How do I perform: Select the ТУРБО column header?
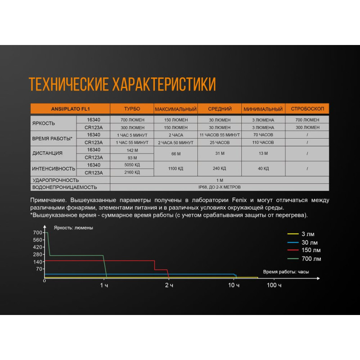tap(132, 109)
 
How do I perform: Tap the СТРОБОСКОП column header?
tap(307, 109)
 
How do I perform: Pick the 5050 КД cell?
tap(132, 165)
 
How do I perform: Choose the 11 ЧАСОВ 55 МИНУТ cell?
tap(220, 135)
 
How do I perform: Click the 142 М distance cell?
tap(132, 150)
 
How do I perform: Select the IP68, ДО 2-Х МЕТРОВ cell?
tap(220, 187)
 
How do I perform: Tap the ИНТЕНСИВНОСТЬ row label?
tap(53, 168)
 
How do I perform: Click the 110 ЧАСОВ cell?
tap(263, 142)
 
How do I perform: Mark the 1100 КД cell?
tap(175, 168)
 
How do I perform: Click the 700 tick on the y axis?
tap(38, 233)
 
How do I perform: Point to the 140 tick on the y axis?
tap(38, 261)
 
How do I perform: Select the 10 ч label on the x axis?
tap(234, 286)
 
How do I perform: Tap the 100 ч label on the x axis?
tap(274, 286)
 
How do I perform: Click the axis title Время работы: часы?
tap(286, 272)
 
